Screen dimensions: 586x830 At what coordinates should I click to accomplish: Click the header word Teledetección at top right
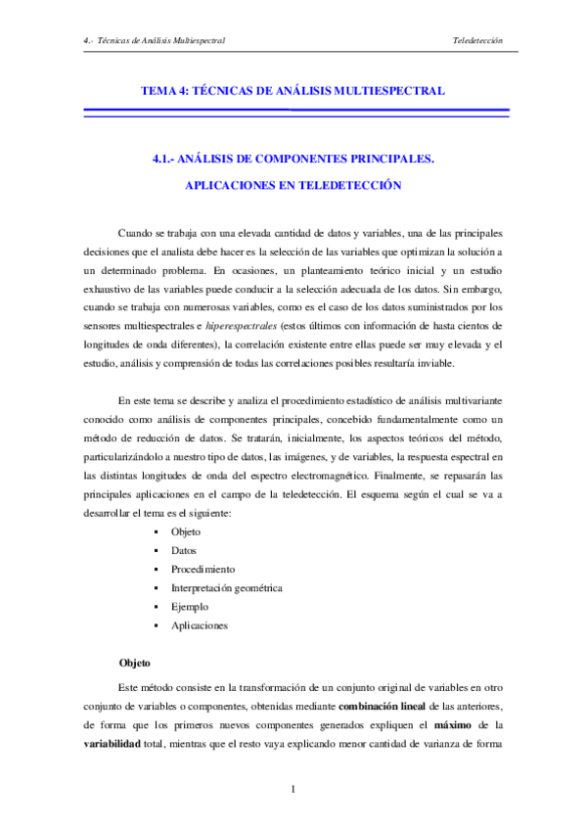[477, 41]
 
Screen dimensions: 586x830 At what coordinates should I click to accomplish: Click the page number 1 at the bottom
[293, 789]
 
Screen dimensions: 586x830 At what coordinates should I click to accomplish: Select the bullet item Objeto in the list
[185, 531]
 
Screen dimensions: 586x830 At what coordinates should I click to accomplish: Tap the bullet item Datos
[183, 550]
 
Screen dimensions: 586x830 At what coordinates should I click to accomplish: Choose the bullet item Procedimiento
[203, 569]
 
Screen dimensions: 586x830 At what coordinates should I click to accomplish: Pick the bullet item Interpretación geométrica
[226, 587]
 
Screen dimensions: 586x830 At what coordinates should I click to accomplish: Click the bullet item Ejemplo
[189, 606]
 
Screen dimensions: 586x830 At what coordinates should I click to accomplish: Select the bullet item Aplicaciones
[199, 624]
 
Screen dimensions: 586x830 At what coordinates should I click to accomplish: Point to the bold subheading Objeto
[135, 663]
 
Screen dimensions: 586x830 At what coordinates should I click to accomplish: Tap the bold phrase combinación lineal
[386, 706]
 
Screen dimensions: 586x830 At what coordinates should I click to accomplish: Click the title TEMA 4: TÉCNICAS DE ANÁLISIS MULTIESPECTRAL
[293, 90]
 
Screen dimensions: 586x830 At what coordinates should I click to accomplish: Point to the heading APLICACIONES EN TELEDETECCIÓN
[293, 184]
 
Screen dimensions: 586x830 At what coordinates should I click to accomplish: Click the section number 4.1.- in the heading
[168, 157]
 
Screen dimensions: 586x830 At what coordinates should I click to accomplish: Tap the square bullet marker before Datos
[157, 551]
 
